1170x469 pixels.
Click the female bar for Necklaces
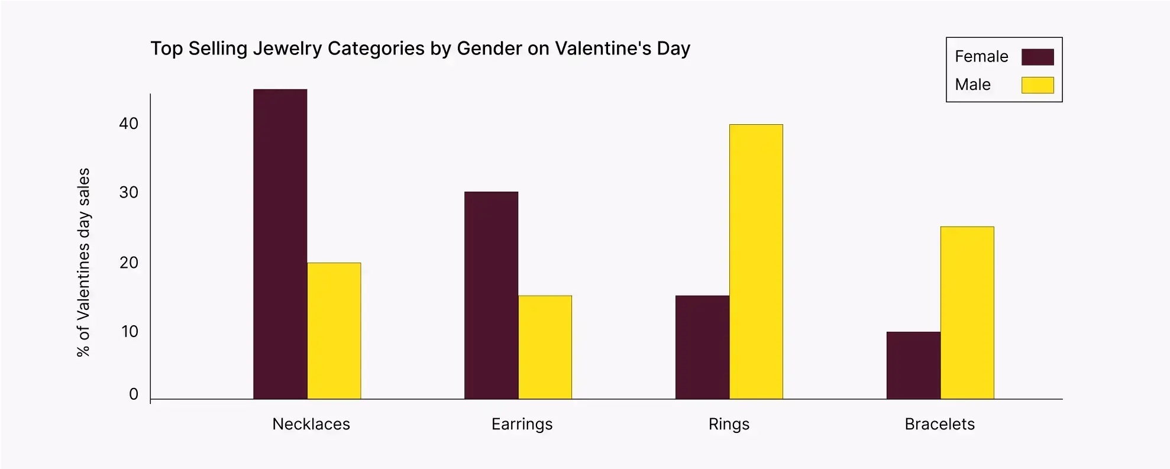click(x=280, y=244)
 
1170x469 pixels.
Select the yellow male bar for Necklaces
click(x=334, y=331)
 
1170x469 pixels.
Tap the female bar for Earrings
click(x=491, y=295)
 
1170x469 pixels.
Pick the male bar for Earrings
click(x=545, y=347)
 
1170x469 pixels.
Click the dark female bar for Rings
click(x=702, y=347)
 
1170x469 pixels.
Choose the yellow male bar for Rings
click(x=756, y=261)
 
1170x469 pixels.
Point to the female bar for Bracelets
click(x=913, y=365)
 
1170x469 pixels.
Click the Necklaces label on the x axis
click(x=311, y=424)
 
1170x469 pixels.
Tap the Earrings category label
click(x=522, y=424)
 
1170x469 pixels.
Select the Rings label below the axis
click(x=729, y=424)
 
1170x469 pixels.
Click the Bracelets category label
click(x=939, y=424)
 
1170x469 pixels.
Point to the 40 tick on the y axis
click(x=128, y=124)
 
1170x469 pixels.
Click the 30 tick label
click(x=128, y=192)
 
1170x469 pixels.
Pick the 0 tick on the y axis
click(x=134, y=394)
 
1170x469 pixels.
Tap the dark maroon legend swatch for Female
click(x=1038, y=57)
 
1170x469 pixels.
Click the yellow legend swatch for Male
click(x=1038, y=85)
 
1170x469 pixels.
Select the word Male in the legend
click(x=972, y=85)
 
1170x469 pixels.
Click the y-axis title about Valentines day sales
click(x=83, y=262)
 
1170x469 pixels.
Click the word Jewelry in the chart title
click(x=287, y=48)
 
